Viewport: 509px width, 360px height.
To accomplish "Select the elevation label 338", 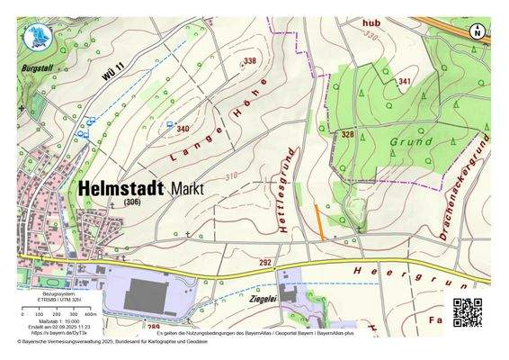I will [x=250, y=61].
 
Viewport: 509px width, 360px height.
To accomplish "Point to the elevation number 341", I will [x=405, y=82].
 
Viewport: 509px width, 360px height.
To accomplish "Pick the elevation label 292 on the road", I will [x=265, y=262].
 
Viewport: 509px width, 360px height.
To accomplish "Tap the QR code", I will [x=468, y=312].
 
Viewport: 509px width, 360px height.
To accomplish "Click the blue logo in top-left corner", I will [x=35, y=37].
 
